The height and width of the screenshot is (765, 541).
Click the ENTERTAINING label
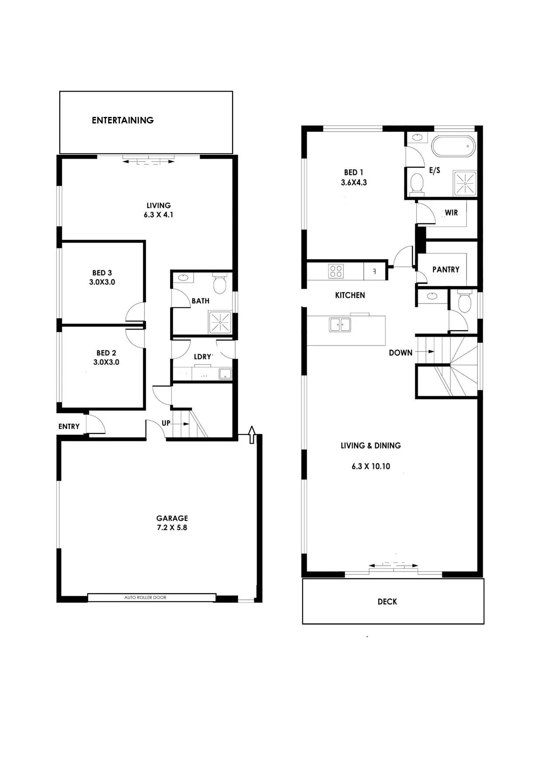[123, 120]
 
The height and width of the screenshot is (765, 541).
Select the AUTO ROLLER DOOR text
[145, 598]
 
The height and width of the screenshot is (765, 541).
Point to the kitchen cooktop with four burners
[336, 271]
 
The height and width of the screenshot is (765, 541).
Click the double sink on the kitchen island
[340, 324]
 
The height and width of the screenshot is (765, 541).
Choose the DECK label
[387, 601]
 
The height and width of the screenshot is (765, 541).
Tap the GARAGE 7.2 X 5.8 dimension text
[172, 523]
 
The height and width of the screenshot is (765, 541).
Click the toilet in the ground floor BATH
[219, 283]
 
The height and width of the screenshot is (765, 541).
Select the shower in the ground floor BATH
[221, 322]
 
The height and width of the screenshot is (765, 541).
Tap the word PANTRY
[446, 270]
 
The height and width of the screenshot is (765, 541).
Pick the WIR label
[451, 212]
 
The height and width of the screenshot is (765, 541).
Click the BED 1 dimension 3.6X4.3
[354, 182]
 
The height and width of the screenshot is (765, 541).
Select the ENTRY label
[69, 426]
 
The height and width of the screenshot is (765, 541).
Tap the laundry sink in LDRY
[225, 374]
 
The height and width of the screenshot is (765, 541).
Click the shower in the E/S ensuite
[465, 183]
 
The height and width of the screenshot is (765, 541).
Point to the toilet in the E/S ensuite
[418, 184]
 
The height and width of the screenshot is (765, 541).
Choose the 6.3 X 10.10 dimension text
[371, 466]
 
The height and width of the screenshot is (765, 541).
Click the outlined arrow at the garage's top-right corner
[252, 435]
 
